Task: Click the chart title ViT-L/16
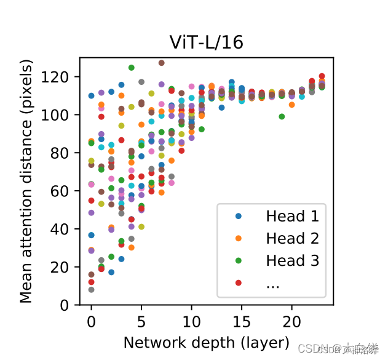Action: [206, 42]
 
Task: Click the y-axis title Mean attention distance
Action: [26, 182]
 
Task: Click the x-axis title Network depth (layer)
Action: [206, 342]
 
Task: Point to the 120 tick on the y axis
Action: [61, 77]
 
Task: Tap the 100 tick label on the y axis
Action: [61, 115]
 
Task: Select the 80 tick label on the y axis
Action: [65, 153]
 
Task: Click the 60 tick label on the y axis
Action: [65, 191]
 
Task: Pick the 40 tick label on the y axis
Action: [65, 229]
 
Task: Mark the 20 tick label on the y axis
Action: [65, 267]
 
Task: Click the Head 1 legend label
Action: [293, 217]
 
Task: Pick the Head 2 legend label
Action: [293, 239]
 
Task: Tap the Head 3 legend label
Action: [293, 261]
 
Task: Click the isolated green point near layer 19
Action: [282, 116]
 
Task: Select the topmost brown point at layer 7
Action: [161, 63]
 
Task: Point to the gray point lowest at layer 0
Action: [91, 289]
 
